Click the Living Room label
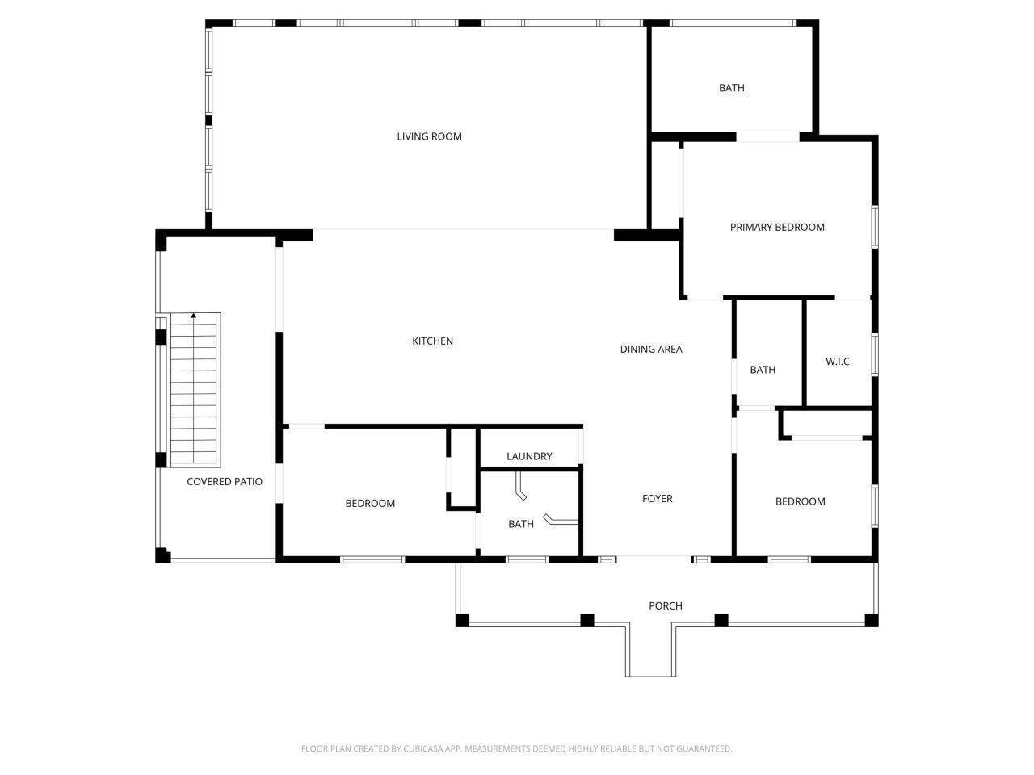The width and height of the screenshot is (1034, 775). click(x=429, y=136)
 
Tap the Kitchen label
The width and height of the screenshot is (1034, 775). click(x=432, y=341)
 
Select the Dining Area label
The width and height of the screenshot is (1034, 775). click(x=651, y=350)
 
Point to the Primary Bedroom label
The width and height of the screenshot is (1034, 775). click(x=777, y=228)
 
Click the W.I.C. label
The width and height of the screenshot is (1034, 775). click(x=839, y=362)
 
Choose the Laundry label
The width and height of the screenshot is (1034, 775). click(x=529, y=457)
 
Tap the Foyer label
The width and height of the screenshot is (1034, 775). click(x=657, y=499)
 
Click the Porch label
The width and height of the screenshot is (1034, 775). click(x=666, y=606)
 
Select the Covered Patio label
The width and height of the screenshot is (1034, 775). click(x=225, y=482)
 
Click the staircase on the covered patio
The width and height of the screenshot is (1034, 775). click(x=194, y=392)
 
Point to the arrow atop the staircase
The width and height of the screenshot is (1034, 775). click(x=194, y=316)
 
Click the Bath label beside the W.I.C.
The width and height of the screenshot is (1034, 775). click(x=763, y=370)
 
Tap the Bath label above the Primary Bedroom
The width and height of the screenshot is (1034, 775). click(x=732, y=88)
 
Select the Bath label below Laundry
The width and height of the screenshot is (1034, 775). click(x=521, y=524)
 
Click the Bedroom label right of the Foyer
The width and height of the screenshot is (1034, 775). click(x=800, y=501)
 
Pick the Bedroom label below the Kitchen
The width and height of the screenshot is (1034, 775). click(x=370, y=504)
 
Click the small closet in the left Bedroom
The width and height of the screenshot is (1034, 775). click(x=463, y=468)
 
